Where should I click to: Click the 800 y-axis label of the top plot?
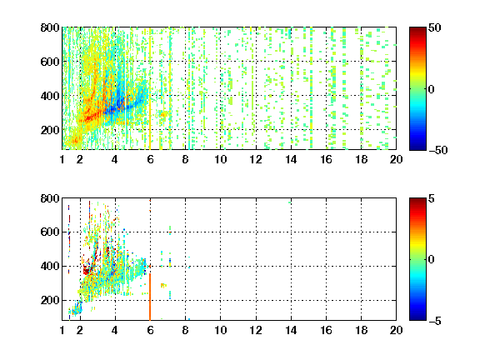pyautogui.click(x=50, y=27)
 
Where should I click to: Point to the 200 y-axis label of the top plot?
pyautogui.click(x=50, y=130)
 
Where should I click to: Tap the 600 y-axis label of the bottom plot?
pyautogui.click(x=50, y=232)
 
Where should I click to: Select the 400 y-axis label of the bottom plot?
pyautogui.click(x=50, y=266)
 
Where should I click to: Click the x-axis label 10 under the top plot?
pyautogui.click(x=220, y=159)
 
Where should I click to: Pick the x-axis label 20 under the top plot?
pyautogui.click(x=396, y=159)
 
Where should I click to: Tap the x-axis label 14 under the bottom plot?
pyautogui.click(x=291, y=330)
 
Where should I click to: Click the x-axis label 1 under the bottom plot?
pyautogui.click(x=62, y=330)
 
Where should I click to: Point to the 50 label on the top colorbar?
pyautogui.click(x=435, y=27)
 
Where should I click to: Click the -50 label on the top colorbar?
pyautogui.click(x=438, y=150)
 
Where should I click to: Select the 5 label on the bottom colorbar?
pyautogui.click(x=432, y=198)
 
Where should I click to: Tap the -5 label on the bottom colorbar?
pyautogui.click(x=435, y=321)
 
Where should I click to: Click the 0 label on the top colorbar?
pyautogui.click(x=432, y=89)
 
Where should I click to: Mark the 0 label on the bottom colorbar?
pyautogui.click(x=432, y=260)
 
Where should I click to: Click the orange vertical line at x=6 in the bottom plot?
pyautogui.click(x=150, y=297)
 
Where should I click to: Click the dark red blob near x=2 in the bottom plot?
pyautogui.click(x=87, y=271)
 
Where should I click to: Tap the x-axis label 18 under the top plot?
pyautogui.click(x=361, y=159)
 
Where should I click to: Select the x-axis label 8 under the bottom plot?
pyautogui.click(x=185, y=330)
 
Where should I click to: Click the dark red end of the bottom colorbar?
pyautogui.click(x=417, y=201)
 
